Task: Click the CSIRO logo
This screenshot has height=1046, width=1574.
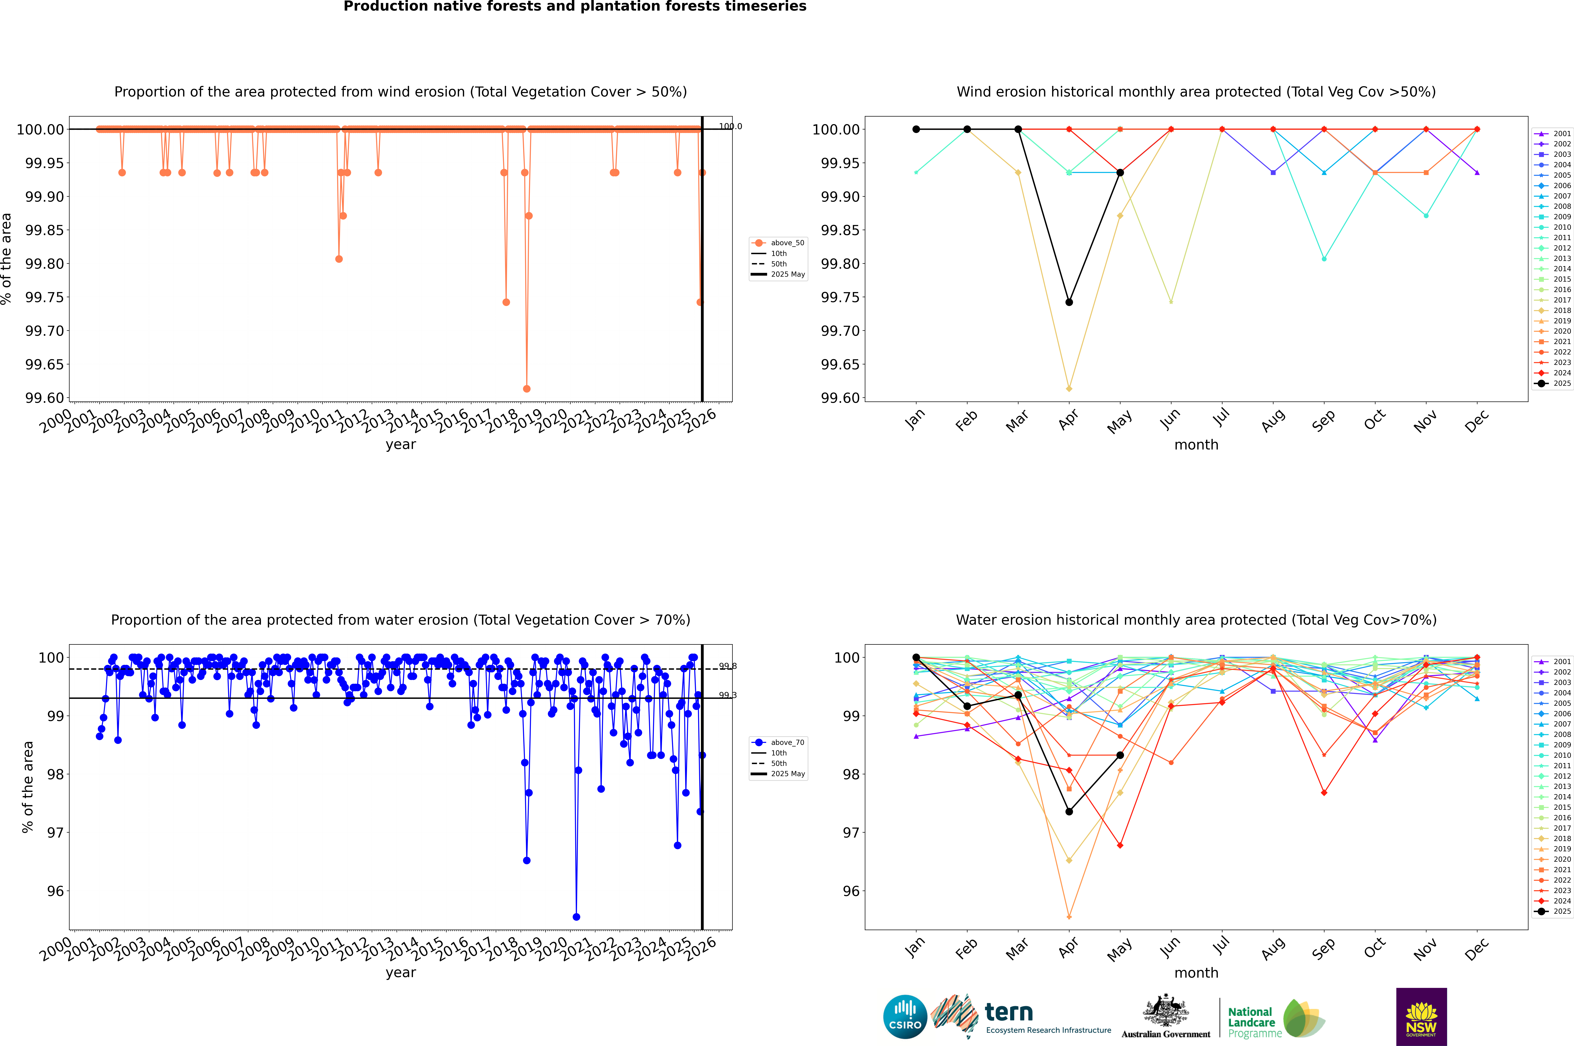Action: click(x=905, y=1017)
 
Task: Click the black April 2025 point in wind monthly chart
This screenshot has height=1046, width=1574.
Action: click(x=1069, y=302)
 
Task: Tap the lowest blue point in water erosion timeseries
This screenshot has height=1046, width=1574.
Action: click(x=577, y=917)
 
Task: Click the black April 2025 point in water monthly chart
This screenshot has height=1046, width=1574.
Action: click(x=1069, y=811)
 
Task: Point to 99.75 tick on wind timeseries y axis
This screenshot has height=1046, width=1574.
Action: click(x=45, y=298)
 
